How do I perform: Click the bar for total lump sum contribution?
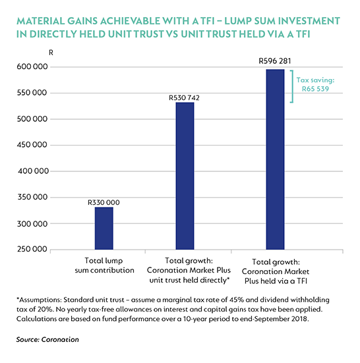[x=104, y=228]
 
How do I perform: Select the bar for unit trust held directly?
[x=185, y=176]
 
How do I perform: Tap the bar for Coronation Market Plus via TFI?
[x=275, y=159]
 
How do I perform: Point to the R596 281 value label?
[x=275, y=61]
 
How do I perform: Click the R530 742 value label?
[x=184, y=98]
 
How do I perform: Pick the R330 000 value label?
[x=104, y=202]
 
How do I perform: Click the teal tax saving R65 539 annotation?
[x=315, y=84]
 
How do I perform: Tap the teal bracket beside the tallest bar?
[x=293, y=86]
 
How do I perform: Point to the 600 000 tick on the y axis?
[x=32, y=67]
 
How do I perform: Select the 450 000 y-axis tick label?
[x=32, y=145]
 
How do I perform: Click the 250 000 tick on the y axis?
[x=32, y=249]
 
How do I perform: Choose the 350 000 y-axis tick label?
[x=32, y=197]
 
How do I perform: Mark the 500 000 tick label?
[x=32, y=119]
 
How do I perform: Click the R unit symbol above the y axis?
[x=51, y=53]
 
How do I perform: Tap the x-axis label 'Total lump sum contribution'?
[x=104, y=265]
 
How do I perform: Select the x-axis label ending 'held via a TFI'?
[x=276, y=271]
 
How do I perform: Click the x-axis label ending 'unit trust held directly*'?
[x=189, y=270]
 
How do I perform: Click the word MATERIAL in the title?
[x=40, y=21]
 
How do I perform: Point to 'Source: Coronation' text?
[x=47, y=340]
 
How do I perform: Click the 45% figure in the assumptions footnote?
[x=237, y=300]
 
